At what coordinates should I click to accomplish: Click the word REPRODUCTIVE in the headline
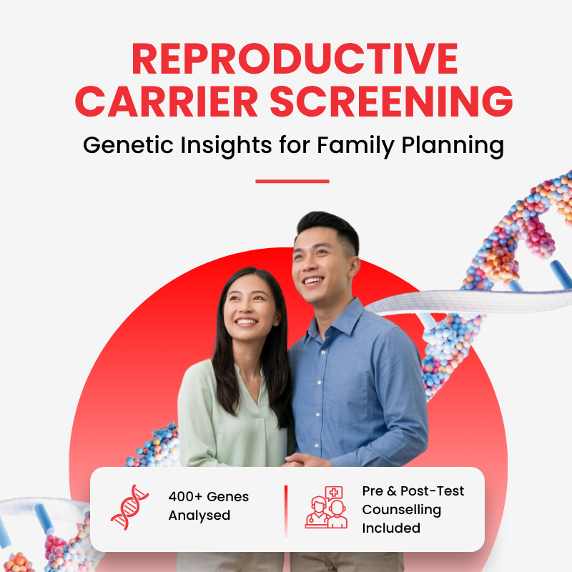click(x=295, y=59)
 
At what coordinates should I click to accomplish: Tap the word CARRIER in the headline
click(x=167, y=102)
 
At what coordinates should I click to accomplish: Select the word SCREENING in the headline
click(x=391, y=102)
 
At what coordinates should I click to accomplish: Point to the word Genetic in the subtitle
click(x=128, y=145)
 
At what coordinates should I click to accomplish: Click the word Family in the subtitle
click(x=355, y=146)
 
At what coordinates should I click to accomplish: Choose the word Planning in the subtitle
click(x=453, y=146)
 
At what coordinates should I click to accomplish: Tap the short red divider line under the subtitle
click(x=292, y=181)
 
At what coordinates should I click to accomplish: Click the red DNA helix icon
click(x=129, y=507)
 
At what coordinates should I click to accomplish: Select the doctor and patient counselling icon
click(x=326, y=507)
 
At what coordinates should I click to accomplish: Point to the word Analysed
click(x=199, y=516)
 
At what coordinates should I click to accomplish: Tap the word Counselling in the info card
click(x=401, y=510)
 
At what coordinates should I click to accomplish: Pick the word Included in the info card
click(x=391, y=528)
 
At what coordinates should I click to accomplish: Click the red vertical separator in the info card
click(x=286, y=513)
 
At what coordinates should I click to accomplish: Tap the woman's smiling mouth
click(x=246, y=322)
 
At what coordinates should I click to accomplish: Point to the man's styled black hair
click(x=329, y=228)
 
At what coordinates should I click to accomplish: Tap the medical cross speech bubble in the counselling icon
click(x=333, y=493)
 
